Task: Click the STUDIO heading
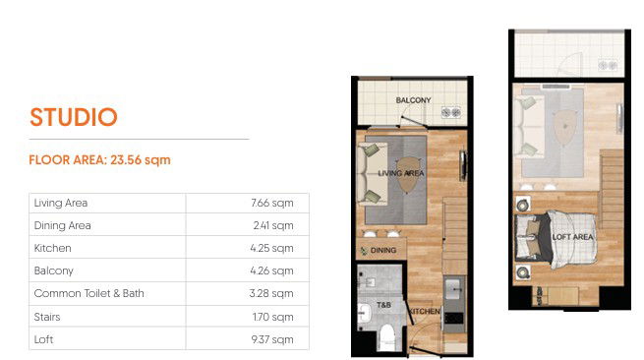click(x=74, y=117)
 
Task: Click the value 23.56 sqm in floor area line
click(x=141, y=160)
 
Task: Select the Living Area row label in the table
click(x=61, y=203)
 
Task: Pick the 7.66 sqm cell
click(x=272, y=203)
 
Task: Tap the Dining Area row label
click(x=62, y=225)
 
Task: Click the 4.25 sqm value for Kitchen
click(x=271, y=248)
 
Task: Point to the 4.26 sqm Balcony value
click(x=271, y=270)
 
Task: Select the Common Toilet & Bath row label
click(x=89, y=293)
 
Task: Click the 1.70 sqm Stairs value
click(x=272, y=317)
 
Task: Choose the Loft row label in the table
click(x=43, y=339)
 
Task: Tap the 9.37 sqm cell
click(x=272, y=339)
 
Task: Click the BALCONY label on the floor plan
click(x=413, y=100)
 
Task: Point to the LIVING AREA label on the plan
click(x=401, y=173)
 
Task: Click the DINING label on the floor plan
click(x=383, y=250)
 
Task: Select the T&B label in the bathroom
click(x=383, y=305)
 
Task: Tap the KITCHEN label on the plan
click(x=425, y=312)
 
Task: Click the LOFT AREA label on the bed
click(x=572, y=237)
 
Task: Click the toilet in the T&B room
click(x=386, y=335)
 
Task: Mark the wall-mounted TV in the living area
click(x=463, y=165)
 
